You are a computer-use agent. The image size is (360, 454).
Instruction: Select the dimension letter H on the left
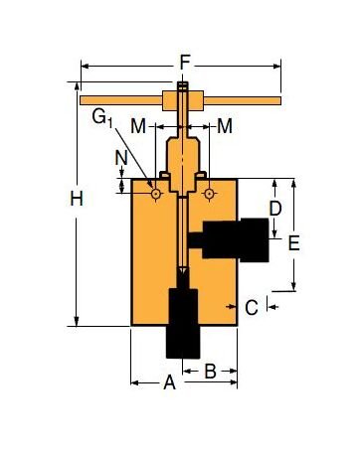pos(77,199)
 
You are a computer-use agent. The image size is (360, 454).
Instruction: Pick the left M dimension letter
pos(138,126)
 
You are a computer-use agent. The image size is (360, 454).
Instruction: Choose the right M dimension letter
pos(225,126)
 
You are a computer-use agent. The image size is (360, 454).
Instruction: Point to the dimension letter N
pos(120,157)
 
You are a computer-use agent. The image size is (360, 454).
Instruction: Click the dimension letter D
pos(277,209)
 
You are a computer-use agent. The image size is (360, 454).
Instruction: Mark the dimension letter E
pos(293,242)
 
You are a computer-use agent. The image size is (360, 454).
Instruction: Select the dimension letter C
pos(252,308)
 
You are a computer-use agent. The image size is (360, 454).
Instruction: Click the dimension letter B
pos(211,372)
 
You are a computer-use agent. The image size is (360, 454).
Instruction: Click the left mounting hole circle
pos(156,194)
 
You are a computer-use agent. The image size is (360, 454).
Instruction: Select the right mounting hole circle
pos(209,194)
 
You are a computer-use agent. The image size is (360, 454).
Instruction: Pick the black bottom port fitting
pos(184,323)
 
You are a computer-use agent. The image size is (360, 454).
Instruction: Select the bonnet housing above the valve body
pos(183,159)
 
